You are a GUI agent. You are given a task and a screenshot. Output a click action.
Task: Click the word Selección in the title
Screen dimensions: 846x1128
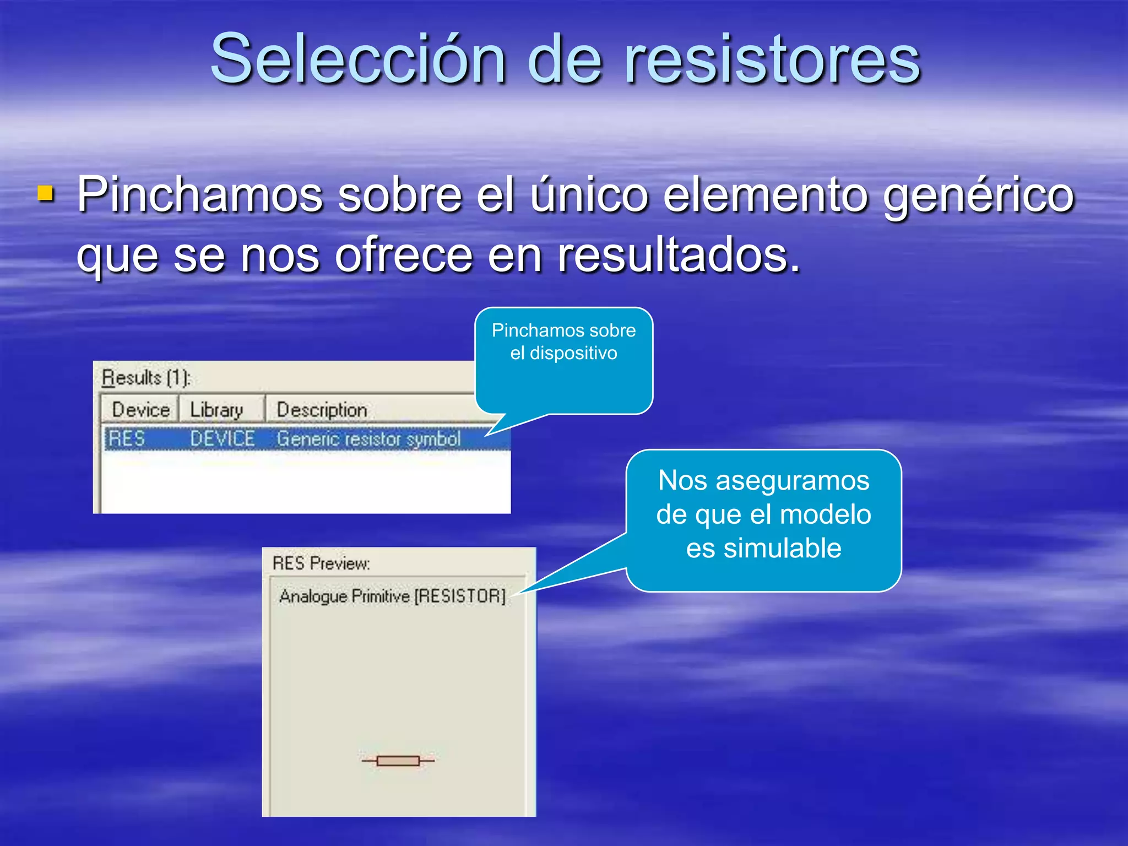point(358,58)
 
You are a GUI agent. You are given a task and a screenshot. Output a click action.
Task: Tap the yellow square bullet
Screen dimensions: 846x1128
point(46,194)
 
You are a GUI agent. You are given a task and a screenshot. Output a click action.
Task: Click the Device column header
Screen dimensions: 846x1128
point(140,410)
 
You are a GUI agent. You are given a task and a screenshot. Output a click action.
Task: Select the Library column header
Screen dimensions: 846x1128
point(216,410)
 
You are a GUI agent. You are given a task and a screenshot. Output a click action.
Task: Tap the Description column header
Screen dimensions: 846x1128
point(322,410)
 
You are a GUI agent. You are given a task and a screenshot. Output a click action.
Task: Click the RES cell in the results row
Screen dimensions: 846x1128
point(127,439)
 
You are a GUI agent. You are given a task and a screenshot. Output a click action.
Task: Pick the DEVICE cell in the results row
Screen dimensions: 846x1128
point(223,439)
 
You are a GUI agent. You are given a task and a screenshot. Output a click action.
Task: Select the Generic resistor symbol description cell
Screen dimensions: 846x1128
point(368,439)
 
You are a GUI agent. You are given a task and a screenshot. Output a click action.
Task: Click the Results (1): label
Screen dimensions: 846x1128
point(147,378)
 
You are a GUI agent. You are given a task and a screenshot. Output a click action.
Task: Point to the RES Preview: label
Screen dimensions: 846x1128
point(321,563)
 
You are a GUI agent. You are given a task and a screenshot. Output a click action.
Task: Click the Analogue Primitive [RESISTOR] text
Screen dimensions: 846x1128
point(392,596)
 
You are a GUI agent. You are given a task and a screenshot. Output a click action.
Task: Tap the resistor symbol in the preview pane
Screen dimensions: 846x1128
point(398,761)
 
